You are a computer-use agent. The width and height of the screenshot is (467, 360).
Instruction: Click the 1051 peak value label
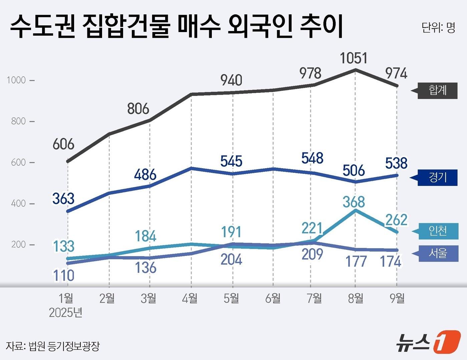353,58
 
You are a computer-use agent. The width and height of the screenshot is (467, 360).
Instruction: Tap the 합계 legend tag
437,90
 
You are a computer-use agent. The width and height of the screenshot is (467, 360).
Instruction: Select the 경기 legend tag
437,177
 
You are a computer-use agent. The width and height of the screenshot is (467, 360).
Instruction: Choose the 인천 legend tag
438,231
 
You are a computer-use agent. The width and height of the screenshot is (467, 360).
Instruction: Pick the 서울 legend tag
438,253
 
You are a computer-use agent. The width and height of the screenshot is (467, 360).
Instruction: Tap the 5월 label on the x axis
231,298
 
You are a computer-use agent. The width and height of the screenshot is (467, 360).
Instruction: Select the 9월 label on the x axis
397,298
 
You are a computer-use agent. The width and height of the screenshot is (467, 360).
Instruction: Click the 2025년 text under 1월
65,313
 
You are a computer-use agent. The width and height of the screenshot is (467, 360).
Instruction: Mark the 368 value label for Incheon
354,202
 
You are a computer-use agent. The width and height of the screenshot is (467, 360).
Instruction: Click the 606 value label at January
63,144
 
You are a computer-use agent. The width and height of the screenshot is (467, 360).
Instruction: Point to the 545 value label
231,161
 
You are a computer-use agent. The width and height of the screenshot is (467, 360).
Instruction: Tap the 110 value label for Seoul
63,275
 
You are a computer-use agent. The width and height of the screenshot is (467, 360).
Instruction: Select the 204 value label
231,259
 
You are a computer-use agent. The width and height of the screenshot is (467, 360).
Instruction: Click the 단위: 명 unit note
438,28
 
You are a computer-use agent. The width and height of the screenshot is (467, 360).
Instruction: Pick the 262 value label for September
396,220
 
